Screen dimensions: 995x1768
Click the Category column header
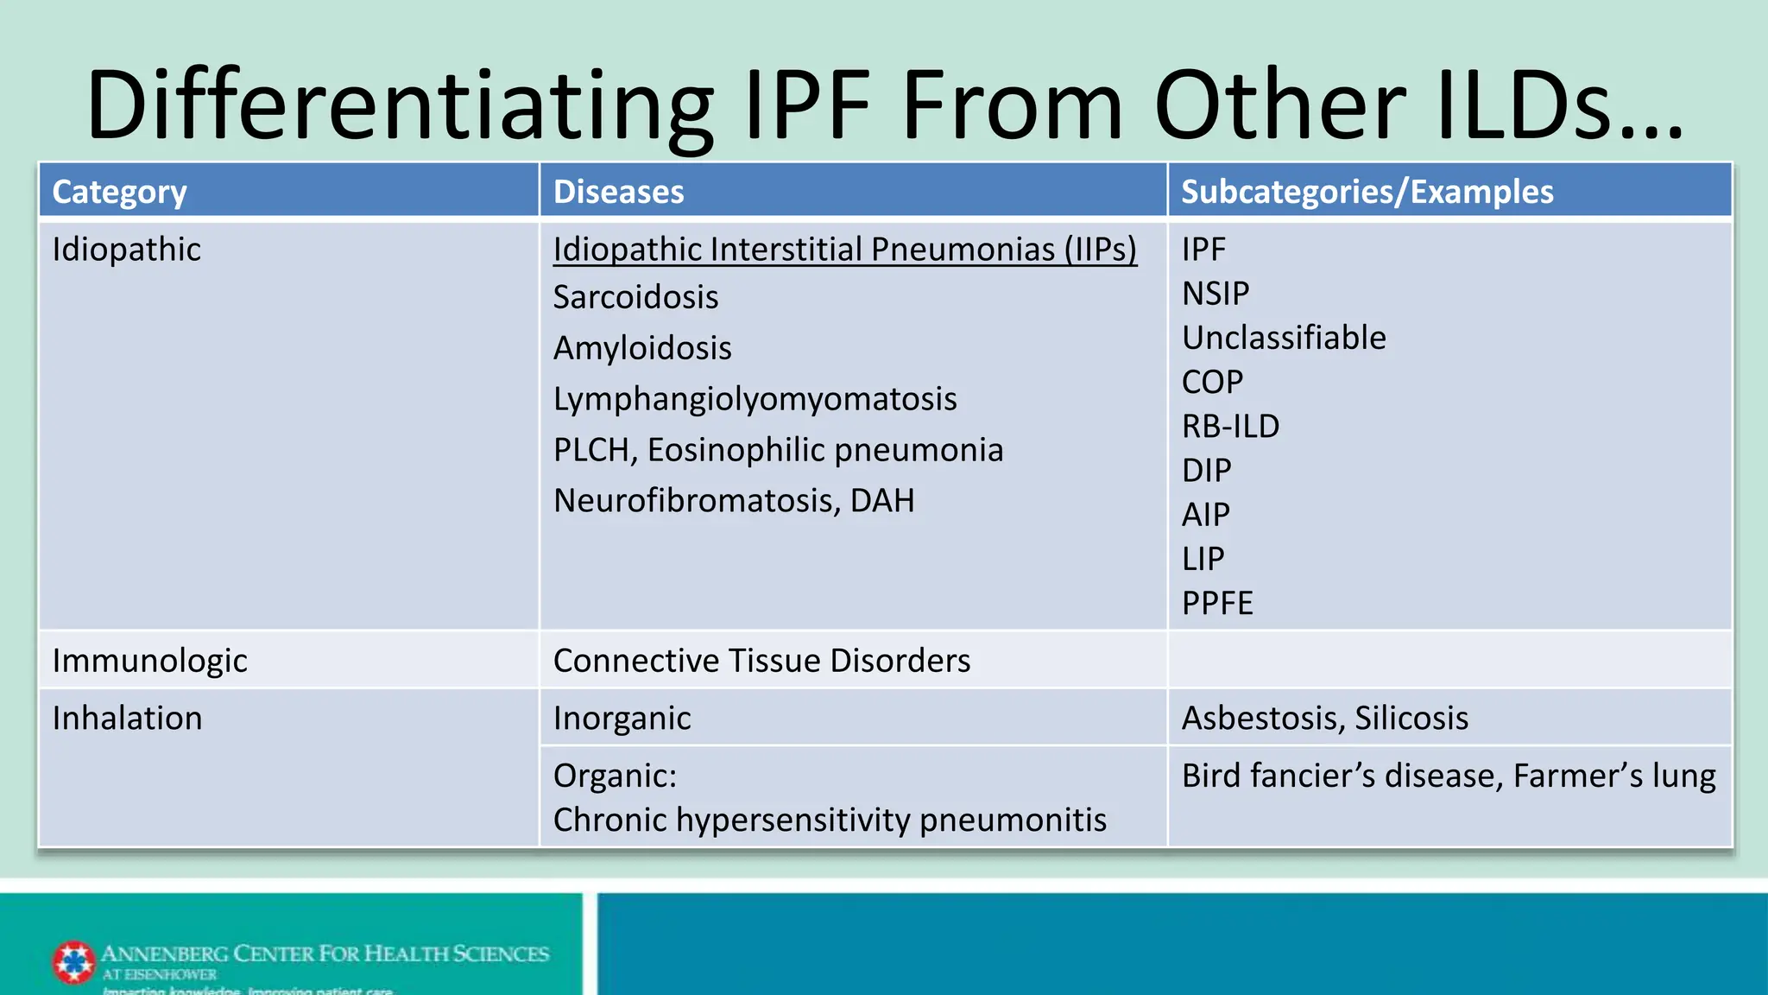119,192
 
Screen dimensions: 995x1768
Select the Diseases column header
618,192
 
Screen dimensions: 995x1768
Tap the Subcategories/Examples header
1367,192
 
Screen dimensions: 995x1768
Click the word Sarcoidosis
635,297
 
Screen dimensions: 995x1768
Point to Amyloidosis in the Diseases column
642,348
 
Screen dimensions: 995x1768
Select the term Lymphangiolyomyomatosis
755,399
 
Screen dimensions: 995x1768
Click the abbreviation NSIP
1215,294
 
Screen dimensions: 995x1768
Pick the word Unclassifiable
1283,338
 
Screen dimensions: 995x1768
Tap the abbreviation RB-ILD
1230,426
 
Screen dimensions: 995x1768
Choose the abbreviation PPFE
1216,603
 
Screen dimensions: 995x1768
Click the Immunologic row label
149,661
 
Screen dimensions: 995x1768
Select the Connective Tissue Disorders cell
761,661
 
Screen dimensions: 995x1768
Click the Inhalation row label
127,719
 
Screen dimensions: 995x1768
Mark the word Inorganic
622,719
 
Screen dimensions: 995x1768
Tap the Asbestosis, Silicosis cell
1324,719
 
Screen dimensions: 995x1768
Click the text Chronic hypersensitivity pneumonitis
829,820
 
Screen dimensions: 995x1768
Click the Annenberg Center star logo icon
73,962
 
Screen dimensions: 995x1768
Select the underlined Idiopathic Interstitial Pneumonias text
844,250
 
